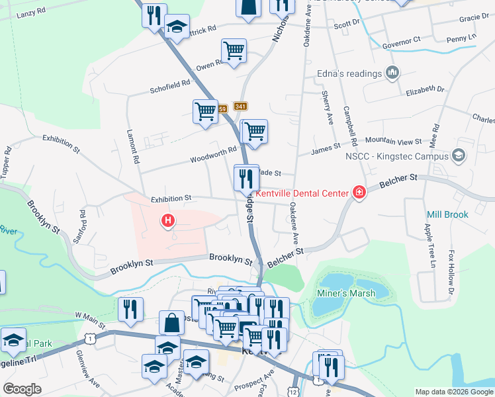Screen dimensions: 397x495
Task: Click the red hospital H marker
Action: [169, 220]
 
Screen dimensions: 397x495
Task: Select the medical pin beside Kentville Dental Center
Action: [359, 193]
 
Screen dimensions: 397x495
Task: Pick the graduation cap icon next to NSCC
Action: [459, 156]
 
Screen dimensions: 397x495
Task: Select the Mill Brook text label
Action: [447, 214]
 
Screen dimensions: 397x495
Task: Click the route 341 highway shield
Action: [240, 107]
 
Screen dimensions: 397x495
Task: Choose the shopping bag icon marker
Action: [171, 324]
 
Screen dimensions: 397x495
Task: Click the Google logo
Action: [22, 389]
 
